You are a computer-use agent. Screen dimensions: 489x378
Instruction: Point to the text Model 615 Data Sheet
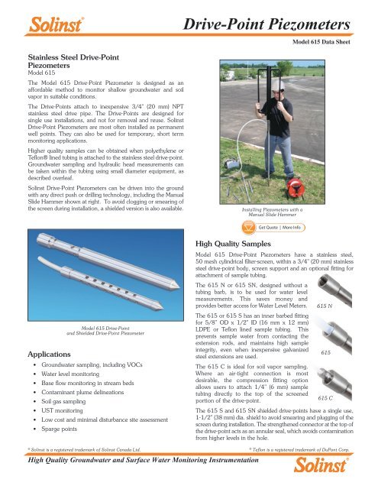coord(334,44)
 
